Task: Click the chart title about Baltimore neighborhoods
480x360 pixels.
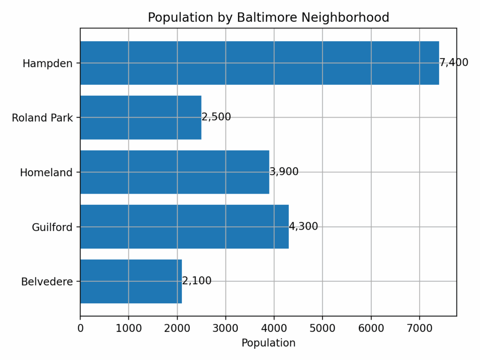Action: tap(268, 18)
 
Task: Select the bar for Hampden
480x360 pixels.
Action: tap(259, 63)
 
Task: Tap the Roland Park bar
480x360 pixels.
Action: tap(141, 117)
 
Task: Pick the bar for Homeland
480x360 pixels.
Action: tap(174, 172)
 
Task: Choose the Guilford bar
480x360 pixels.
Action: tap(184, 227)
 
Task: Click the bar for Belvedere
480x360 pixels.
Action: tap(131, 281)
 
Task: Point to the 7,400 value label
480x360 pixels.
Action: tap(454, 63)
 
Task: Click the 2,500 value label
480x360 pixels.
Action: tap(216, 117)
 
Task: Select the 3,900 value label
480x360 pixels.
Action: tap(284, 172)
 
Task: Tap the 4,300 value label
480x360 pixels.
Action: tap(303, 227)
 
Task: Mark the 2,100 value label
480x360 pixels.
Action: tap(197, 281)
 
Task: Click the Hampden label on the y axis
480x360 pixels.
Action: tap(47, 63)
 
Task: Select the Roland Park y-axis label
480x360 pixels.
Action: tap(42, 118)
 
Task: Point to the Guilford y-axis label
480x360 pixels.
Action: tap(52, 227)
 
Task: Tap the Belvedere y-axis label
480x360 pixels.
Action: tap(47, 282)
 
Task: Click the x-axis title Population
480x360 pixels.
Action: tap(268, 343)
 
